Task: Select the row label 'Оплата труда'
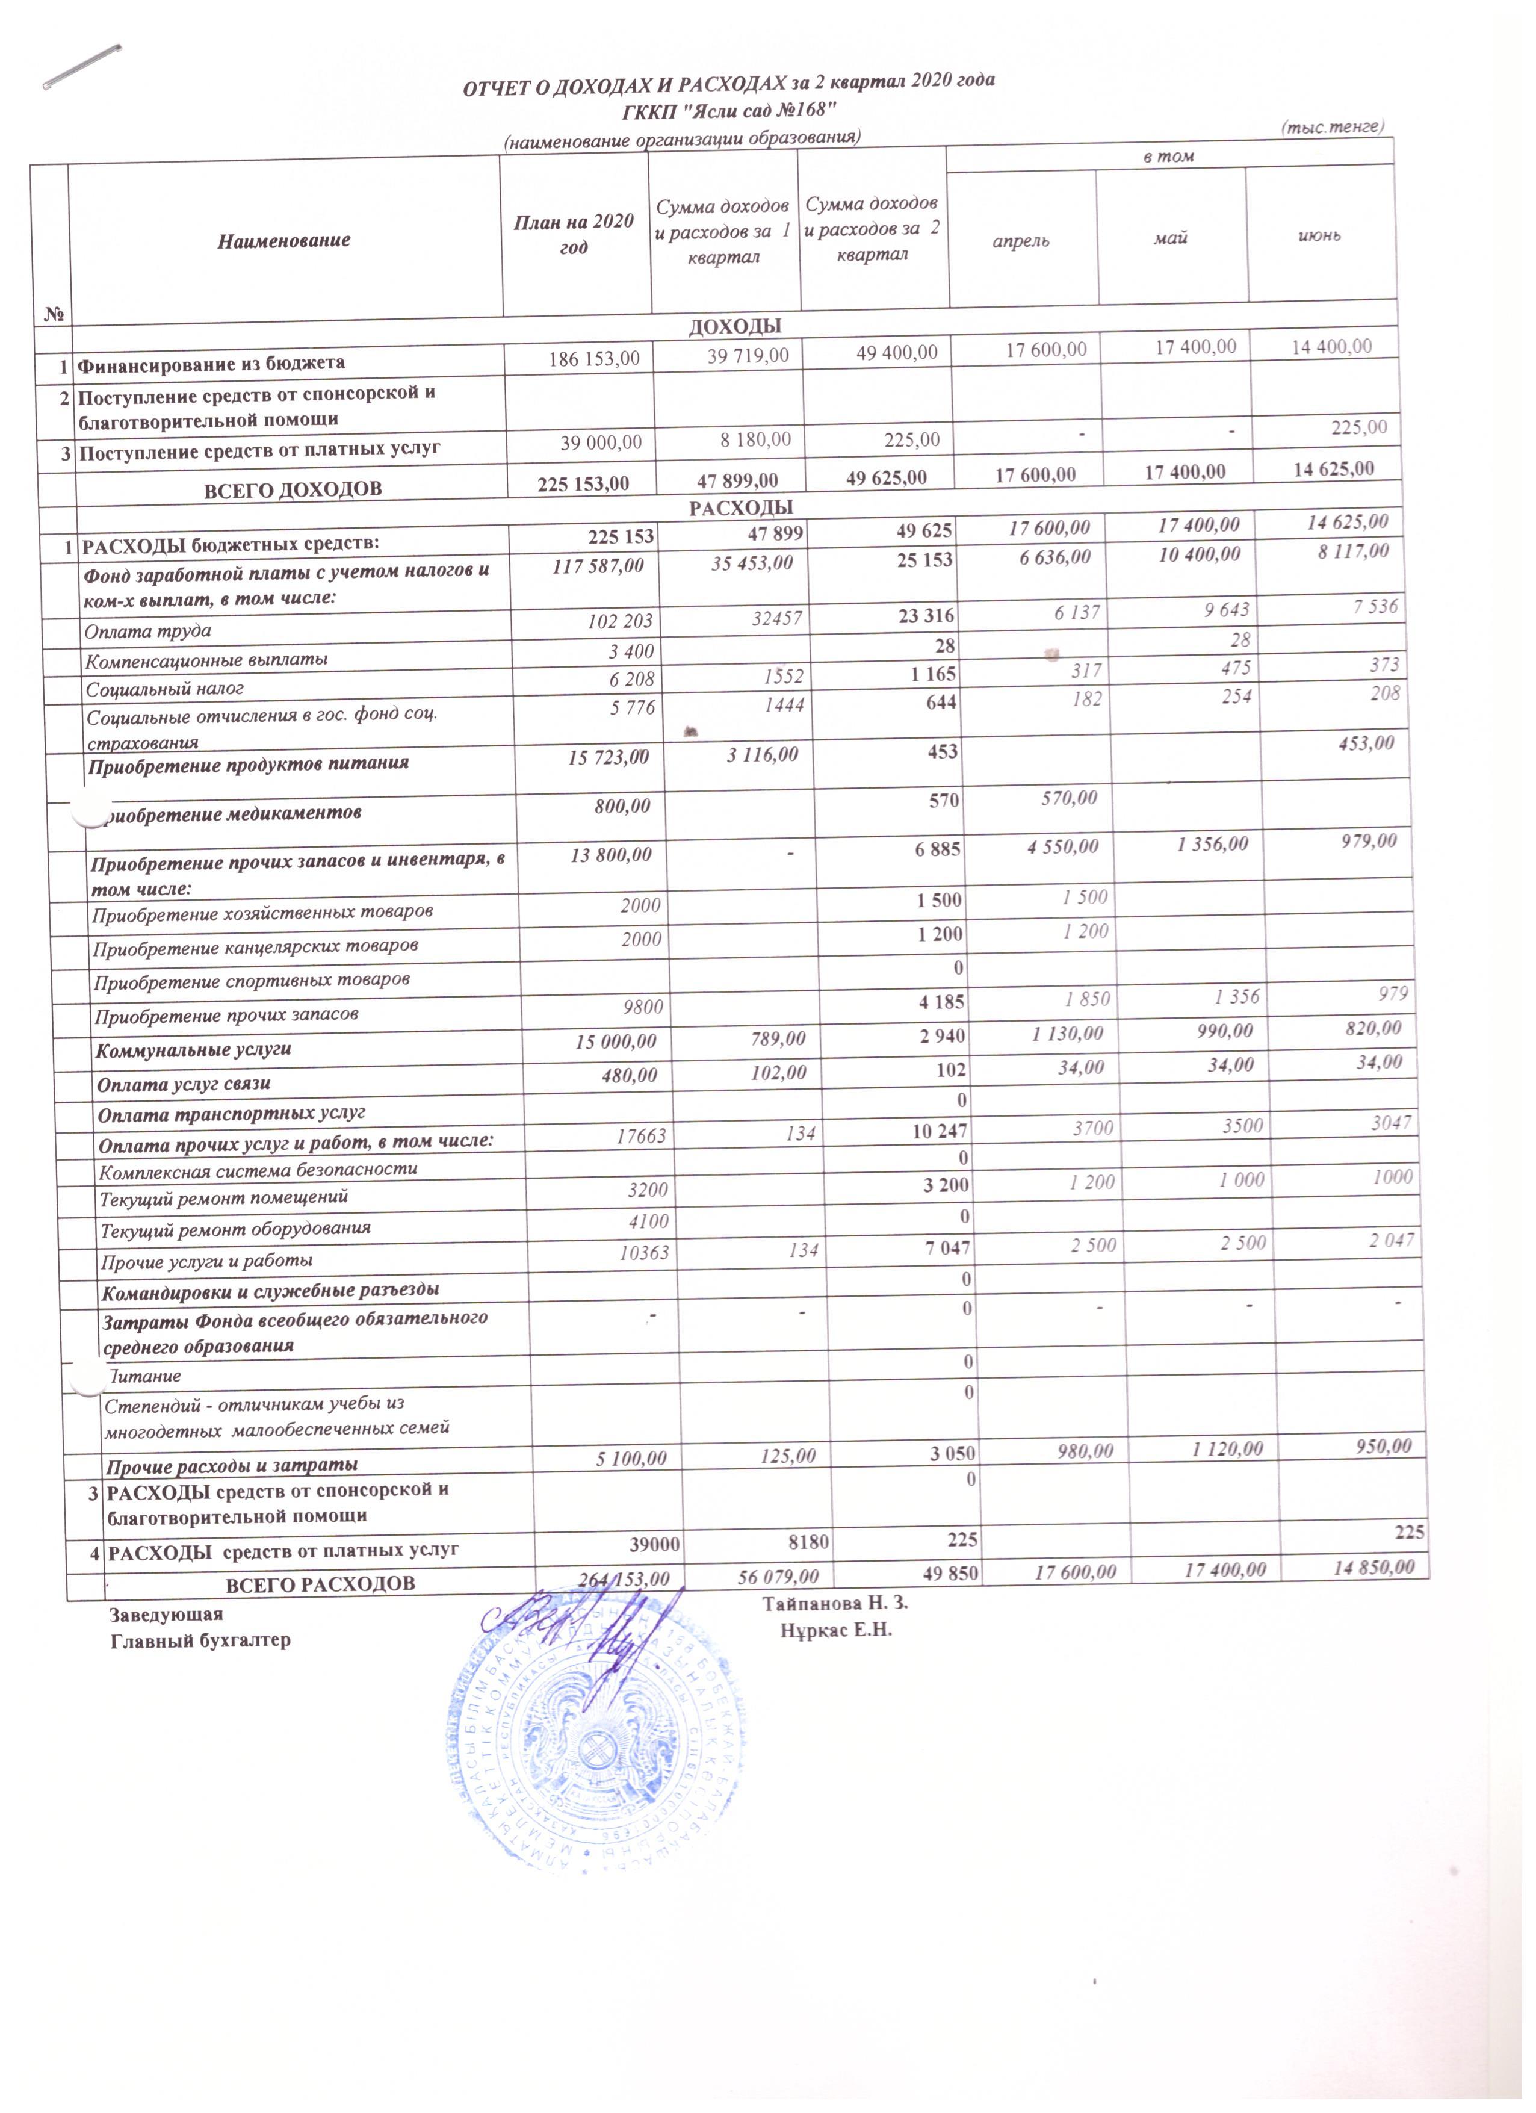point(148,631)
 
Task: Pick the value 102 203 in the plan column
point(623,621)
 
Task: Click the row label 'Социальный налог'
point(165,689)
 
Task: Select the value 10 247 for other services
point(941,1131)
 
